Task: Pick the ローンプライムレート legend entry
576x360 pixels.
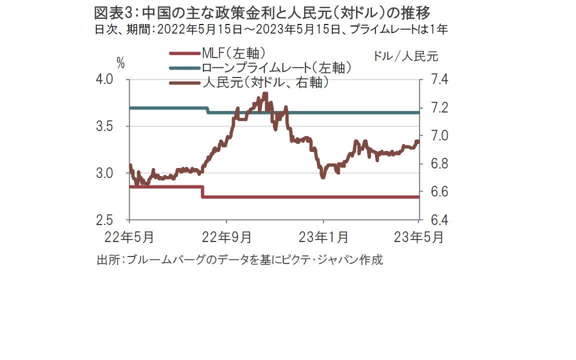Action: [275, 68]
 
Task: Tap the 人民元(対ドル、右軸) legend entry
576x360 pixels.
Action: [265, 82]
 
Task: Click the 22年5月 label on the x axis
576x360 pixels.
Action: [129, 236]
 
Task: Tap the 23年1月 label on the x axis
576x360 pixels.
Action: [323, 236]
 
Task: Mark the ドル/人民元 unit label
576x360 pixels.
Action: [405, 56]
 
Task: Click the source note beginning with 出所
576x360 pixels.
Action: [239, 260]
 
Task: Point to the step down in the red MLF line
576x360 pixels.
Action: [202, 192]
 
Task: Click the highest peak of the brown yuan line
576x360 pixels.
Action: [265, 93]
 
